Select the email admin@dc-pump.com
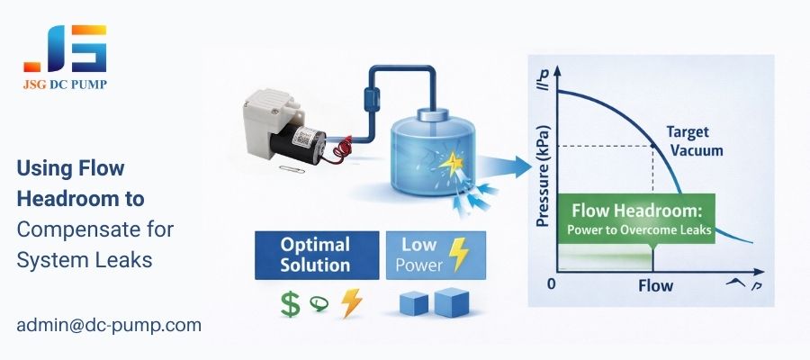click(109, 325)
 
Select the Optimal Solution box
click(314, 254)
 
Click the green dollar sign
click(290, 303)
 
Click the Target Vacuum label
click(694, 140)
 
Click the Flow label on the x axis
click(655, 287)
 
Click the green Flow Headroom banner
click(637, 219)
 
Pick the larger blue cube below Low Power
click(453, 302)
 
